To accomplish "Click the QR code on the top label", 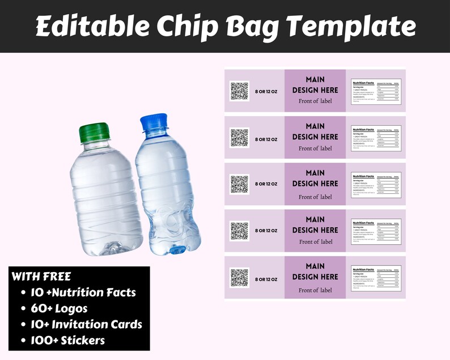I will click(239, 91).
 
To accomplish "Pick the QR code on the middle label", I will click(239, 184).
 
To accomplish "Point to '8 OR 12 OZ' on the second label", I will click(266, 139).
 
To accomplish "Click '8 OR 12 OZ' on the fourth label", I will click(266, 231).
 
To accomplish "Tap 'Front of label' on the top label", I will click(315, 101).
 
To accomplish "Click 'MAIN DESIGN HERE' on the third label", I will click(315, 178).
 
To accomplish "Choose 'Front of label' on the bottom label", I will click(315, 290).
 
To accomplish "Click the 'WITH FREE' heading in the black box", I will click(41, 277).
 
